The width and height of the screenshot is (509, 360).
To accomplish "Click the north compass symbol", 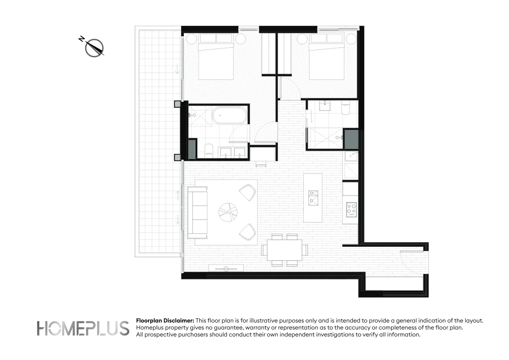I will point(94,48).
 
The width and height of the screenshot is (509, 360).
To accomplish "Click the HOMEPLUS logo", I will point(83,328).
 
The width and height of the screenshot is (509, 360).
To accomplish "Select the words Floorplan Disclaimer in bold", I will point(165,321).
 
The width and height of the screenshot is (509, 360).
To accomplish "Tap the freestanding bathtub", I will point(230,115).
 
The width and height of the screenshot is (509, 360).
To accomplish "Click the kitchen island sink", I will point(313,198).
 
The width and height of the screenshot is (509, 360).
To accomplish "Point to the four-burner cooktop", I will point(351,209).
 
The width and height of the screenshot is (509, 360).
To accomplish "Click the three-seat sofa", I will point(197,212).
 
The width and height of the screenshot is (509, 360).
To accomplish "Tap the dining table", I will point(284,250).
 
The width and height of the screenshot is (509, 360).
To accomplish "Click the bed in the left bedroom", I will point(216,60).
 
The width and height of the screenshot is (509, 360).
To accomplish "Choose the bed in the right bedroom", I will point(326,60).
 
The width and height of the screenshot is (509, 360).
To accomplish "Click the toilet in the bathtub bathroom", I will point(209,150).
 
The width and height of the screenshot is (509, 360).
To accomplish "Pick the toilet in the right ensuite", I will point(345,109).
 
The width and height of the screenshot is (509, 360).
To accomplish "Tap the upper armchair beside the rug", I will point(248,192).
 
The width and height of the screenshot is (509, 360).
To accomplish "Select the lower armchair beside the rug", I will point(248,232).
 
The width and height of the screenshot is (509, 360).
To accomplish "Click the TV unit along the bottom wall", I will point(226,268).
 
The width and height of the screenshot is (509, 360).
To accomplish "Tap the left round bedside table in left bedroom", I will point(191,39).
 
